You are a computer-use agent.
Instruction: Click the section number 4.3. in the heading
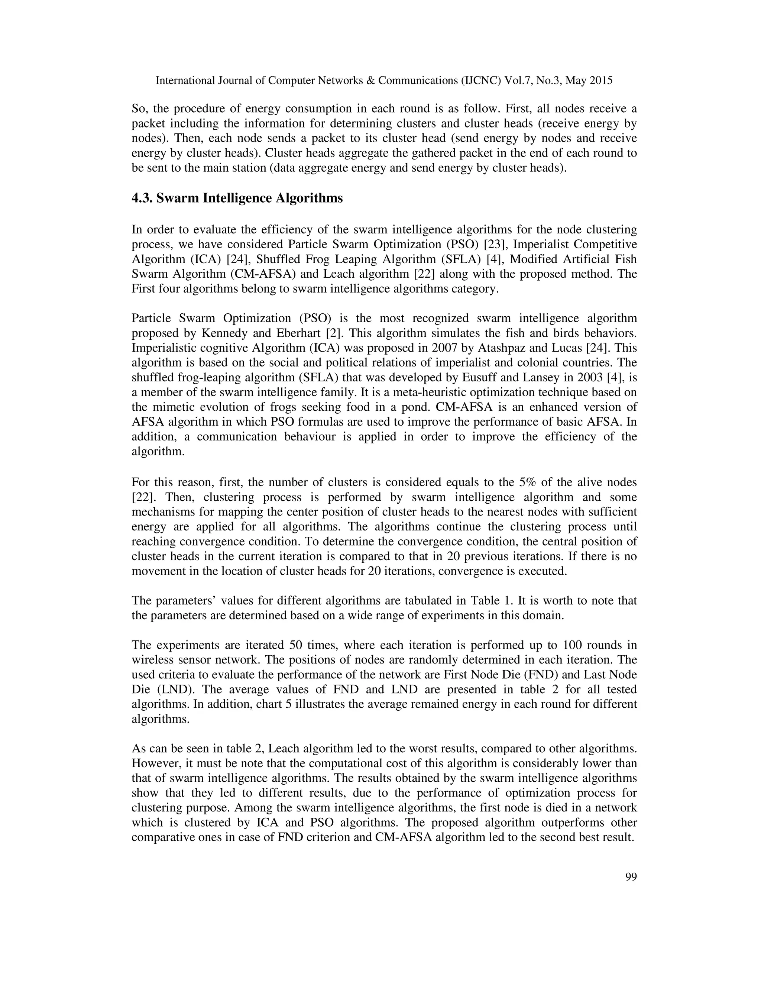point(142,198)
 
